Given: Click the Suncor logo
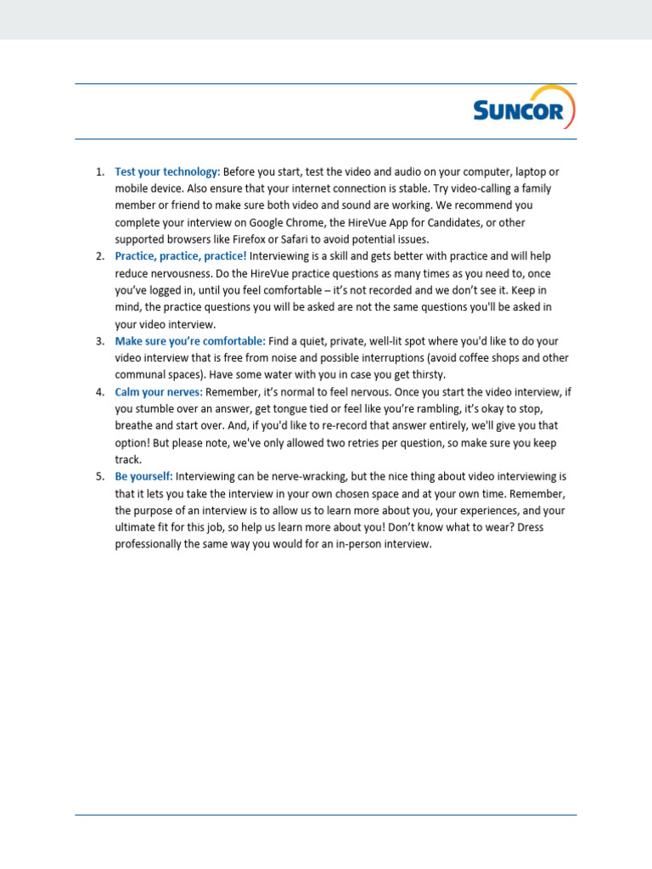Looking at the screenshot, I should coord(524,109).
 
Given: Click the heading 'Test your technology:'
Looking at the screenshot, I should coord(167,171).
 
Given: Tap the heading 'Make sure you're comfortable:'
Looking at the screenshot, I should coord(190,341).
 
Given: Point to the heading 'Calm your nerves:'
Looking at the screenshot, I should coord(159,392).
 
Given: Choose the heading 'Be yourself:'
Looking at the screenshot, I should coord(143,477).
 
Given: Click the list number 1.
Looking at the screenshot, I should coord(98,171).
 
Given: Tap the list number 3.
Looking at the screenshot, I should coord(98,341).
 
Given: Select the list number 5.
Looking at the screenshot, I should coord(98,477).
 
